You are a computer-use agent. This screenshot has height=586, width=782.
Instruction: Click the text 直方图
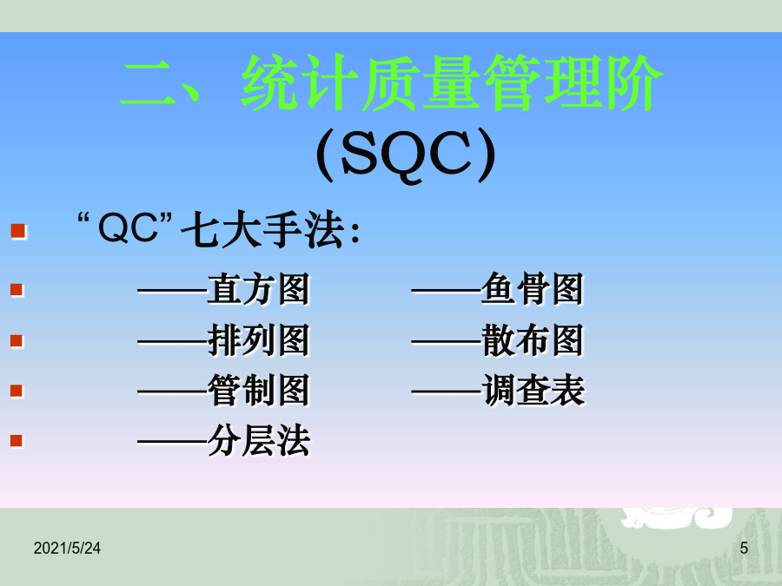point(259,289)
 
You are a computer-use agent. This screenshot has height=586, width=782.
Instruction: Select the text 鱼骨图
point(532,289)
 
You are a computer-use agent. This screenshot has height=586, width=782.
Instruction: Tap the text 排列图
point(259,340)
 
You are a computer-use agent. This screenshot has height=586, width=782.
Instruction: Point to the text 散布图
point(532,340)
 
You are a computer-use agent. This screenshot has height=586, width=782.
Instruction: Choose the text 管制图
point(259,390)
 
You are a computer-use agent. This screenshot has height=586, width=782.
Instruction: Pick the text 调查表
point(533,390)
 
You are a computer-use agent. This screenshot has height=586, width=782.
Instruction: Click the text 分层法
point(259,441)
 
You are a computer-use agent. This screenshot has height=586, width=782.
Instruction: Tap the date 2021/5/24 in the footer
point(67,548)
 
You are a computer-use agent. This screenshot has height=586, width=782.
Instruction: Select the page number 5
point(744,548)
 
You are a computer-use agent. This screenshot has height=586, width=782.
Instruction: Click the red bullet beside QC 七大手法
point(18,232)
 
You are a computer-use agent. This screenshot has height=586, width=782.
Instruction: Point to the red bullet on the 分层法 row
point(17,440)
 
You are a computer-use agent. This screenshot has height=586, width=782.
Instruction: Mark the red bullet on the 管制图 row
point(17,390)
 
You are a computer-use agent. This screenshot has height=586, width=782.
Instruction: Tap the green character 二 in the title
point(148,83)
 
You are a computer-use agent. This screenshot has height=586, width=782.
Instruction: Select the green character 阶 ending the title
point(633,82)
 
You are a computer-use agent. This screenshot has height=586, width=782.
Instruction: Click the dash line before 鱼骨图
point(447,291)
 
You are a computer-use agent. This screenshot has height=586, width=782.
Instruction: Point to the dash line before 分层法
point(173,442)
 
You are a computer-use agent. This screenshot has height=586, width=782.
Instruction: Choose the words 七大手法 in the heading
point(262,230)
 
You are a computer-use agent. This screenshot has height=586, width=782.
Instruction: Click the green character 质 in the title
point(390,82)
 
